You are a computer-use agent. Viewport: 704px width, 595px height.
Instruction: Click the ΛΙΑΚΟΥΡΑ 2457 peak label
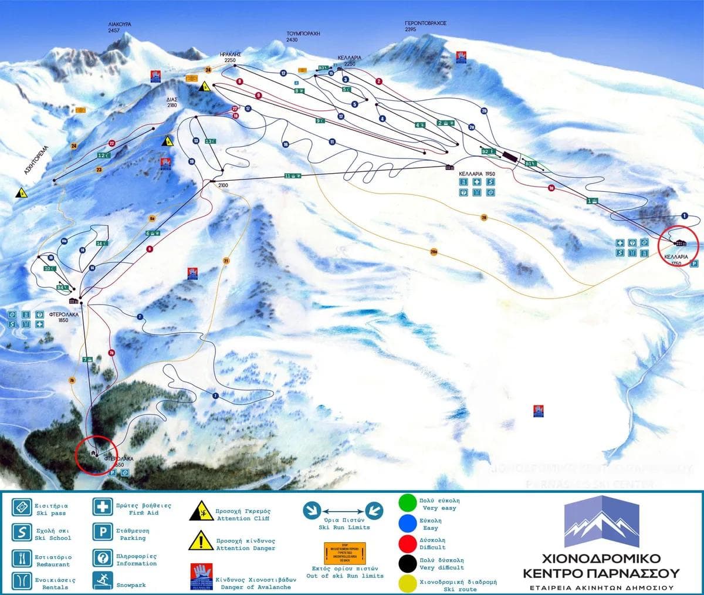click(119, 27)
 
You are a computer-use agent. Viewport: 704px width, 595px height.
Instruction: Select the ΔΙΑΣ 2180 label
click(171, 103)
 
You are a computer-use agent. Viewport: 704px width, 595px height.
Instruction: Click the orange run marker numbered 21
click(226, 260)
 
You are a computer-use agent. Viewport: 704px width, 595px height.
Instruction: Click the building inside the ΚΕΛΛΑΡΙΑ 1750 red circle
click(681, 243)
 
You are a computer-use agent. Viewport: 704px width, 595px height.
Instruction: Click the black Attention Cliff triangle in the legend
click(199, 512)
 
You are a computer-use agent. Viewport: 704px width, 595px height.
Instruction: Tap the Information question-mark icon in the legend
click(101, 557)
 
